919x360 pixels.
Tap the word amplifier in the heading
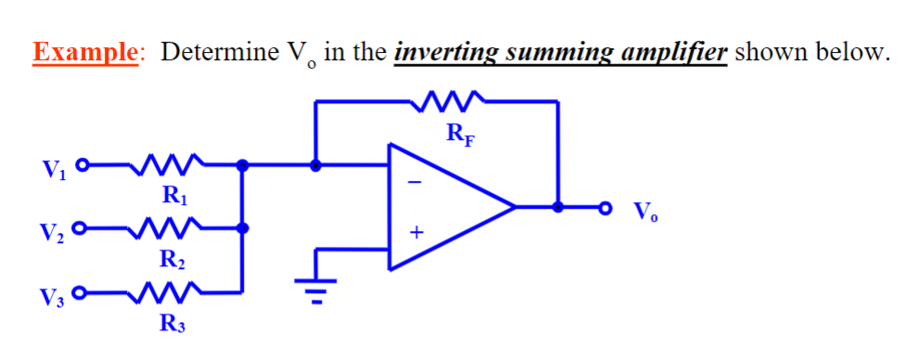point(672,51)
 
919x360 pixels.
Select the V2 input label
point(54,231)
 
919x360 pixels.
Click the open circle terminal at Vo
point(606,207)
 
